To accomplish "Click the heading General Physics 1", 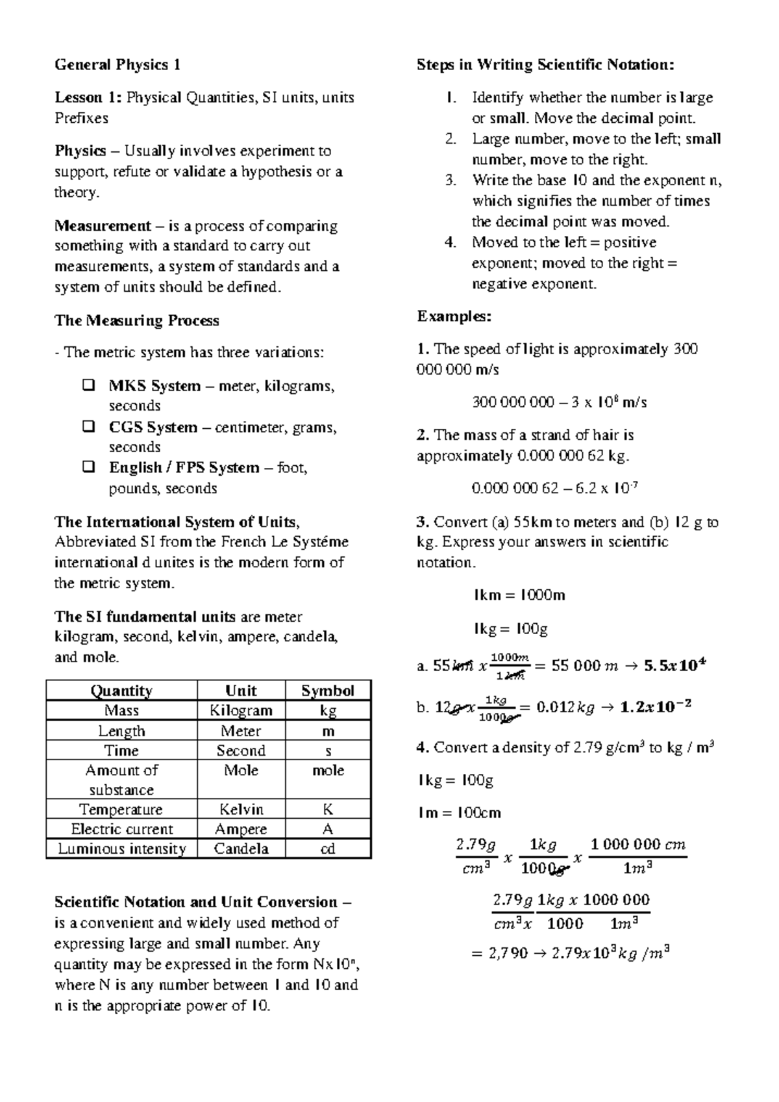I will [x=117, y=65].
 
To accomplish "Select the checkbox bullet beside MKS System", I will [x=88, y=386].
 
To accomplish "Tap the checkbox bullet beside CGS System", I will [x=88, y=428].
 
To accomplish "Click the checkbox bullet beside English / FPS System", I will [x=88, y=468].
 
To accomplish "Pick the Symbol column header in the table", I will [x=328, y=691].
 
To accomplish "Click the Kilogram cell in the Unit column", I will [x=241, y=711].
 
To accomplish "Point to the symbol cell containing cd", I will [x=328, y=849].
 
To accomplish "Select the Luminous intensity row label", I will [x=121, y=849].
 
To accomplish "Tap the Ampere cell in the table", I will [x=241, y=829].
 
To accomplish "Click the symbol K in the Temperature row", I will [x=328, y=810].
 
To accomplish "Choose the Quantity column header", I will [x=121, y=691].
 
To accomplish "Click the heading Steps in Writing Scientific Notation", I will [x=545, y=65].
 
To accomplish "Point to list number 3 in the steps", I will [x=451, y=181].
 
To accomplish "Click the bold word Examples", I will [x=454, y=316].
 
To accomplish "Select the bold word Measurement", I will [x=103, y=226].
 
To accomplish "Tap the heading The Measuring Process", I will [x=137, y=320].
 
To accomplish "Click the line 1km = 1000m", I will [x=519, y=595].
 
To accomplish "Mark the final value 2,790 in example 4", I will [x=510, y=955].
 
